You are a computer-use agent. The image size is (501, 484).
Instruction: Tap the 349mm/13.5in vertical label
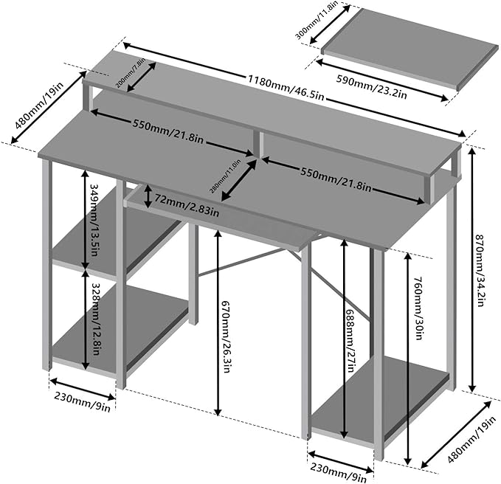coord(94,218)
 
